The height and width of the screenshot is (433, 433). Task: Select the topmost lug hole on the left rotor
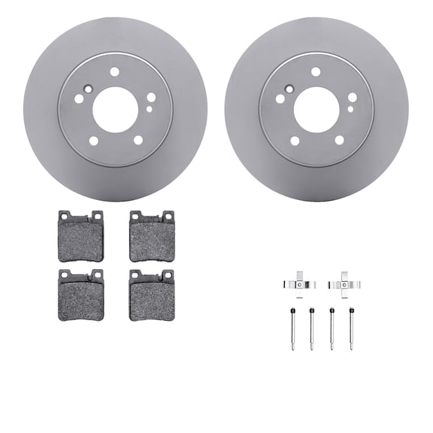click(115, 72)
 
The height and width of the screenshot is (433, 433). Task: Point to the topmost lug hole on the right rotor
click(316, 72)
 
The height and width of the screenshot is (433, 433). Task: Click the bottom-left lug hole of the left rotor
click(94, 141)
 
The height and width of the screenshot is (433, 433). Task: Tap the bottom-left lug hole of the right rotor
click(295, 141)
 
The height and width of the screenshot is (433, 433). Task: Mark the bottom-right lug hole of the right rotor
click(339, 140)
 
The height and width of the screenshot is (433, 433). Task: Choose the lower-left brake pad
click(80, 295)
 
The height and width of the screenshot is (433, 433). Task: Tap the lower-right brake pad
click(151, 295)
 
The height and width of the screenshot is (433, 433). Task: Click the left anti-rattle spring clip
click(299, 283)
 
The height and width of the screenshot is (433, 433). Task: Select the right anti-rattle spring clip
click(345, 283)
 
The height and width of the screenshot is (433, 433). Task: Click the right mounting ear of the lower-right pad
click(168, 274)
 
